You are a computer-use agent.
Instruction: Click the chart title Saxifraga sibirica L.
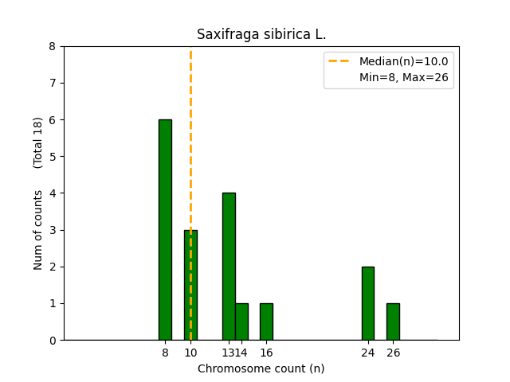[261, 35]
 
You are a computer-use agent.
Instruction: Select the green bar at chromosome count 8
[165, 230]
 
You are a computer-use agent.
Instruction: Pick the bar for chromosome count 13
[229, 267]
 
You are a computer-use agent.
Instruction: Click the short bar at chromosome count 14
[241, 322]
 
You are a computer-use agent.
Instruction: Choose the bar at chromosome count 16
[266, 322]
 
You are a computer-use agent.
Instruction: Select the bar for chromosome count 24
[367, 303]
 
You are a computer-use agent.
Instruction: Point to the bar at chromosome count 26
[393, 322]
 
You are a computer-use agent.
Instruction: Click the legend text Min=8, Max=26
[403, 76]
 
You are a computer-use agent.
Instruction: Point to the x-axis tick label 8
[165, 353]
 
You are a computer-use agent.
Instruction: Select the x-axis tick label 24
[367, 353]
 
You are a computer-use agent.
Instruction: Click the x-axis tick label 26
[393, 353]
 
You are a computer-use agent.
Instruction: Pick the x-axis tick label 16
[266, 353]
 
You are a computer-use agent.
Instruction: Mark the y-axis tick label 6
[53, 120]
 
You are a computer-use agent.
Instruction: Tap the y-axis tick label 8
[53, 46]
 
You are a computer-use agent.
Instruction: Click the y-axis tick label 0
[53, 341]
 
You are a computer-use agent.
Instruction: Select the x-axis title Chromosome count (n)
[261, 368]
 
